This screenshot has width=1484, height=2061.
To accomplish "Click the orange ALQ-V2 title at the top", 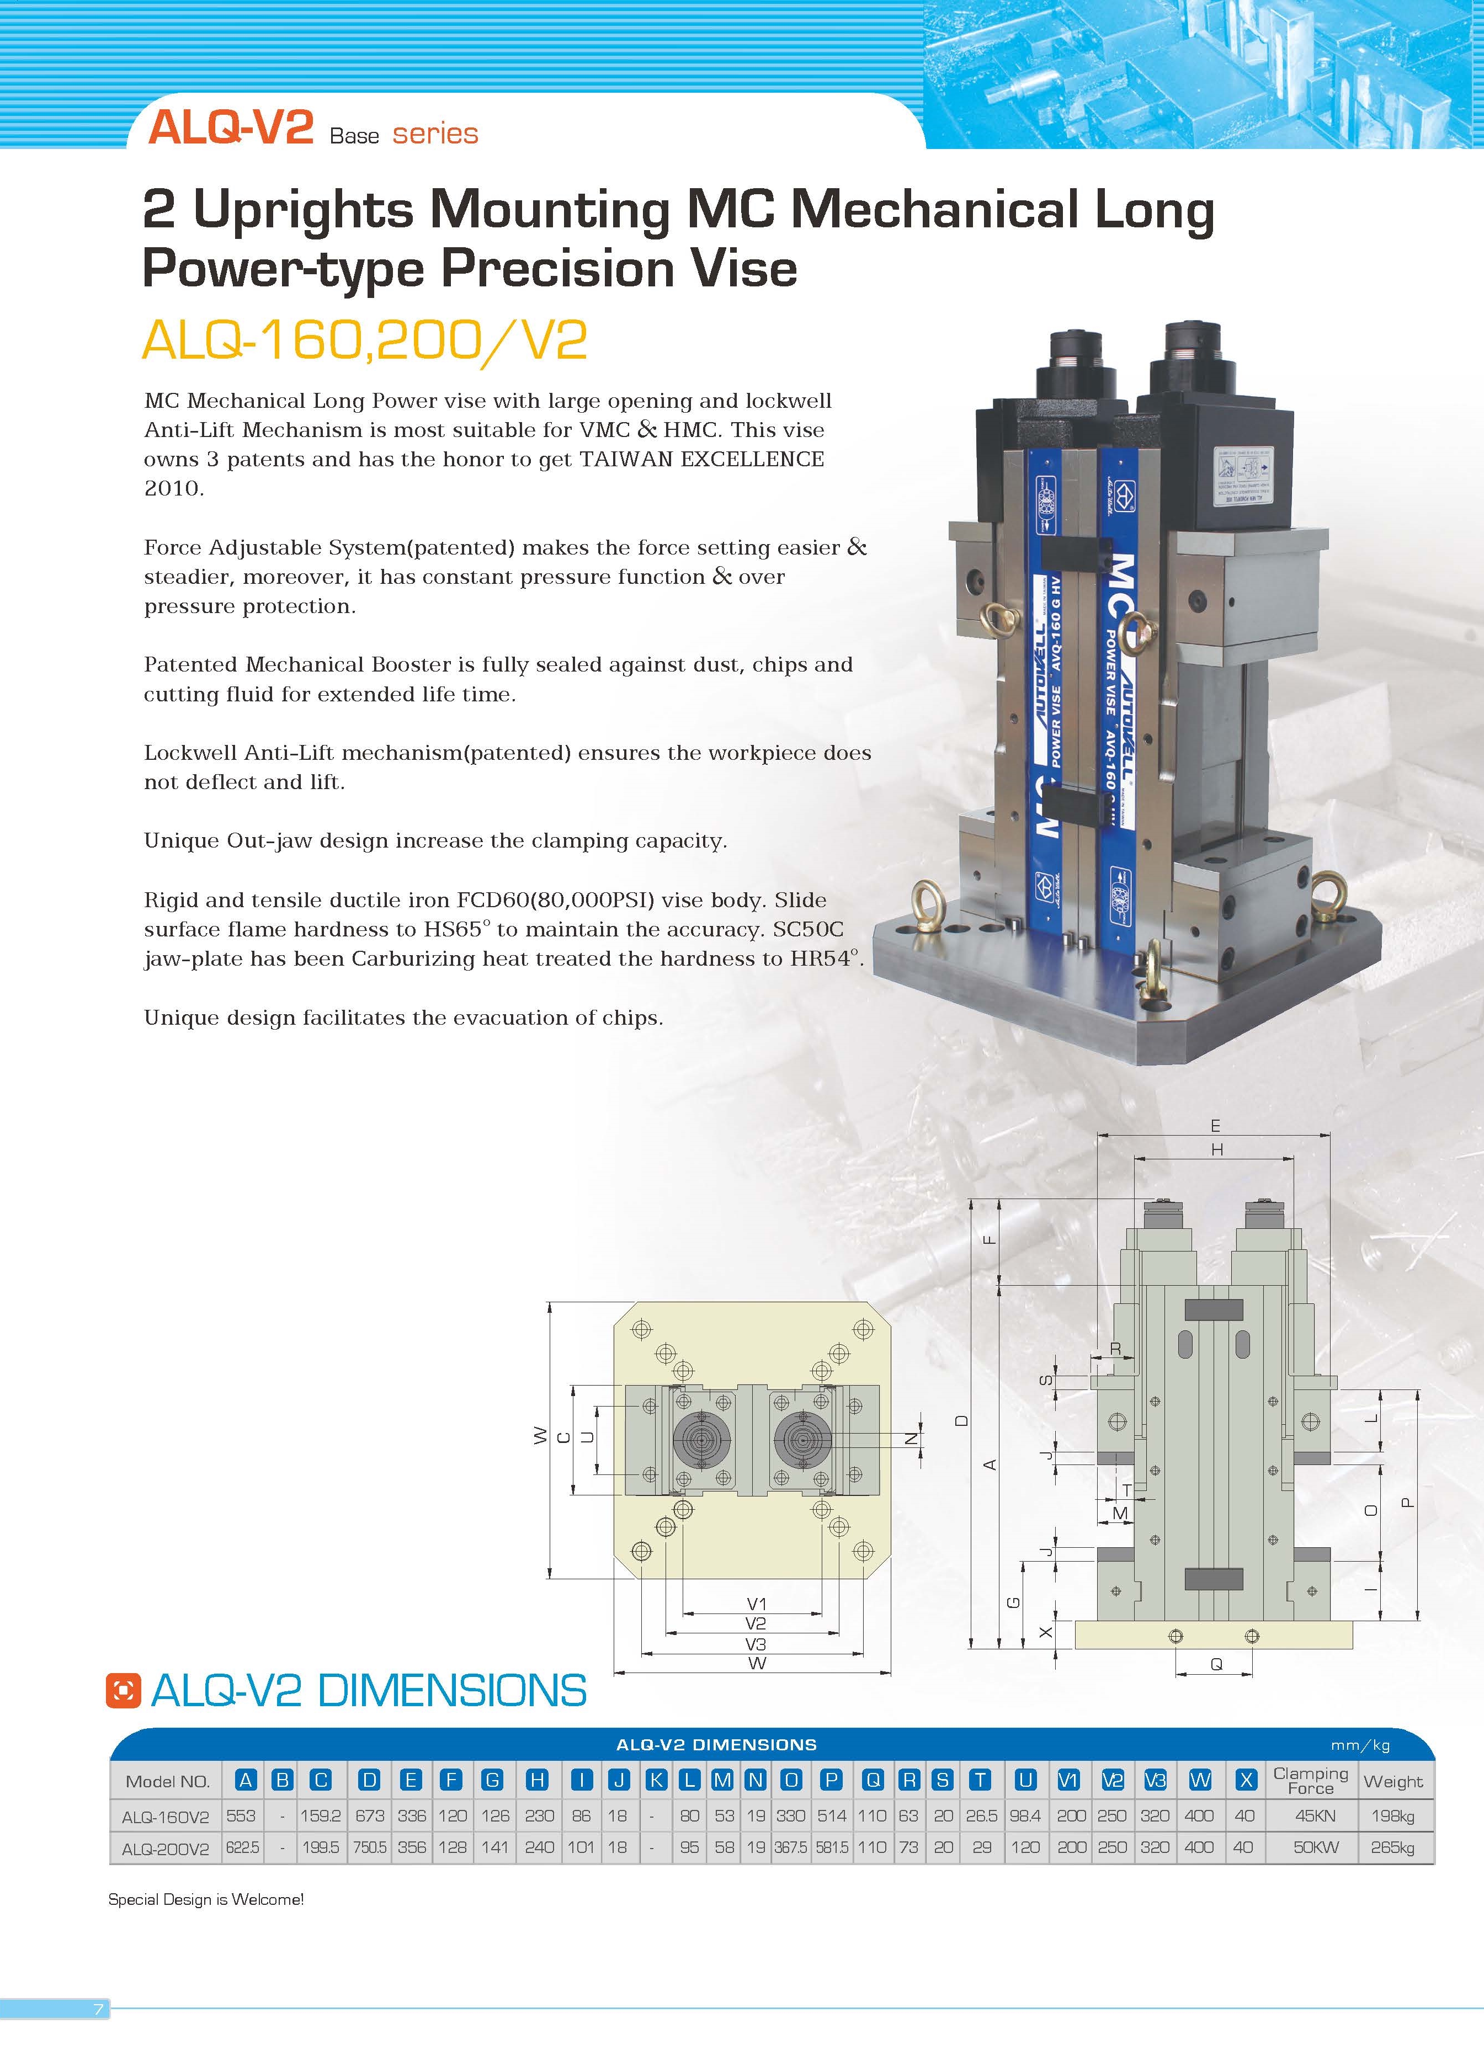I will tap(231, 127).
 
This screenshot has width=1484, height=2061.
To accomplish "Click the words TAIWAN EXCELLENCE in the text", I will tap(701, 459).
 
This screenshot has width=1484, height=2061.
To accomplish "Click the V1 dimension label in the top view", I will tap(756, 1604).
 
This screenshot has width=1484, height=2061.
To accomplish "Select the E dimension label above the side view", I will tap(1215, 1126).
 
